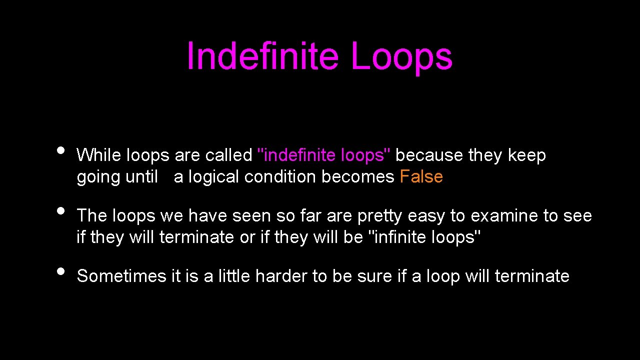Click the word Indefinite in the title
(262, 56)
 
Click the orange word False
(421, 177)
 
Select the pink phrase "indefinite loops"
(324, 155)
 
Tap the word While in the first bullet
(99, 155)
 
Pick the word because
(429, 155)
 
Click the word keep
(527, 155)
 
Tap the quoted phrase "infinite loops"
(424, 237)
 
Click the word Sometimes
(121, 276)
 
